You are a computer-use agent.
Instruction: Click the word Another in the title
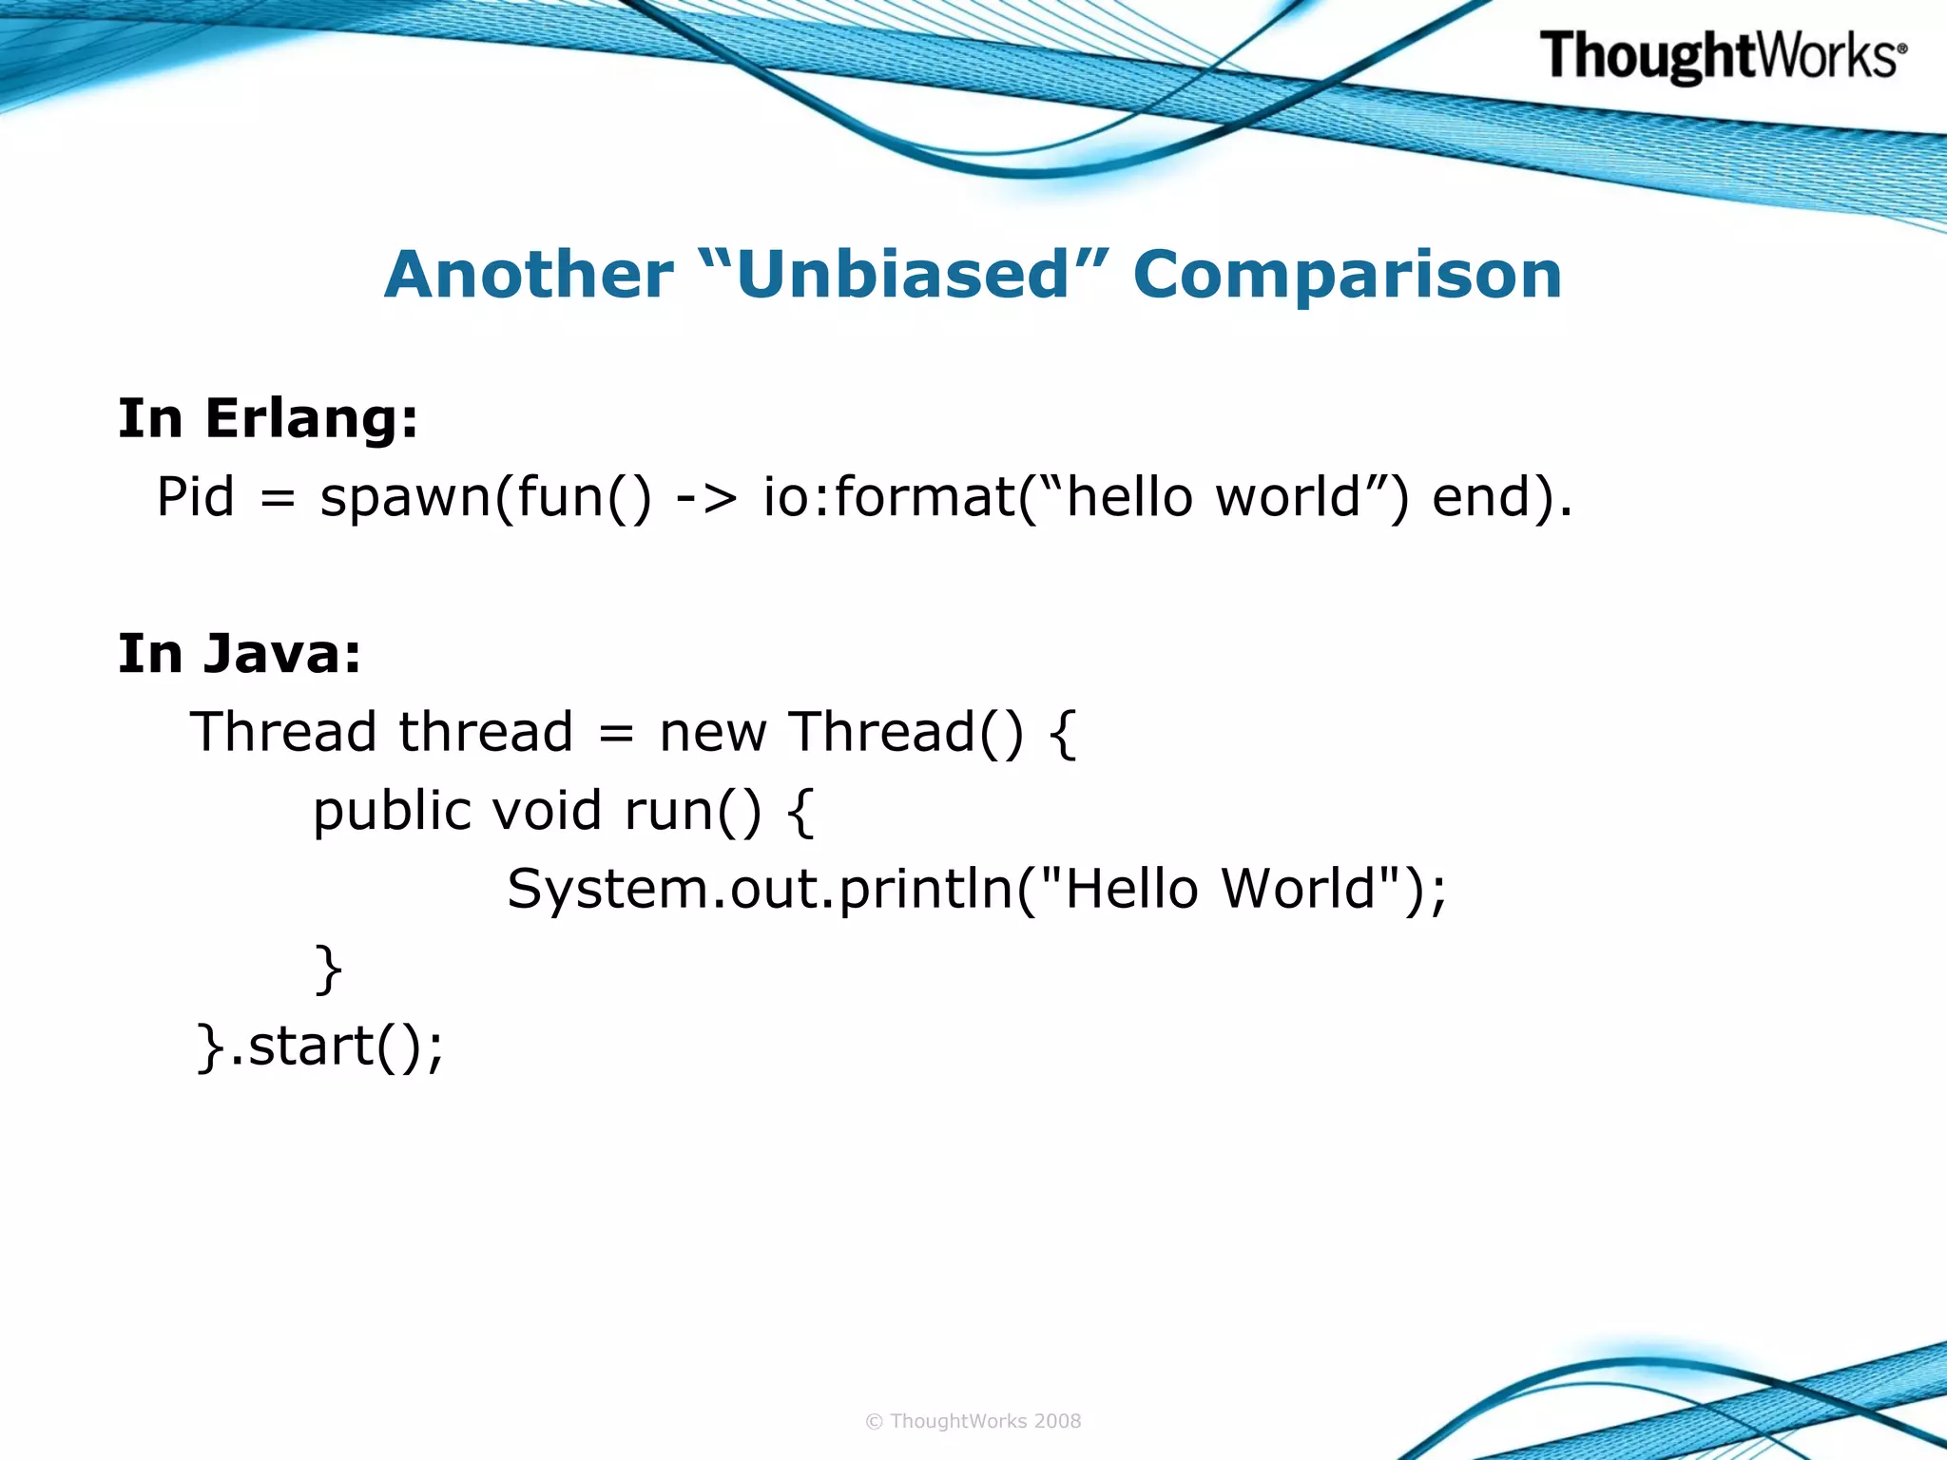[x=529, y=276]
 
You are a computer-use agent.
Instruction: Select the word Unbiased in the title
[x=903, y=276]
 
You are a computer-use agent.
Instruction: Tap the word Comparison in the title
[x=1347, y=276]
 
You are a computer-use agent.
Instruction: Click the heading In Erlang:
[x=268, y=418]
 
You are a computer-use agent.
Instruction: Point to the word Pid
[x=195, y=497]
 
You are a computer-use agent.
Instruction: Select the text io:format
[x=889, y=497]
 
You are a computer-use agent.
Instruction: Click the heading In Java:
[x=240, y=654]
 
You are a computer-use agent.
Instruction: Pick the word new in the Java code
[x=713, y=733]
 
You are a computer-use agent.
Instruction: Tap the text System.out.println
[x=761, y=891]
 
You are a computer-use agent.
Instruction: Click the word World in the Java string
[x=1299, y=890]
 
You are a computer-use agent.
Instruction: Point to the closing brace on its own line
[x=328, y=970]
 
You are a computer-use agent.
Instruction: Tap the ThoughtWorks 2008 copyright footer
[x=973, y=1421]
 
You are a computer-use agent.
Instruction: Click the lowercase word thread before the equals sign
[x=486, y=733]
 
